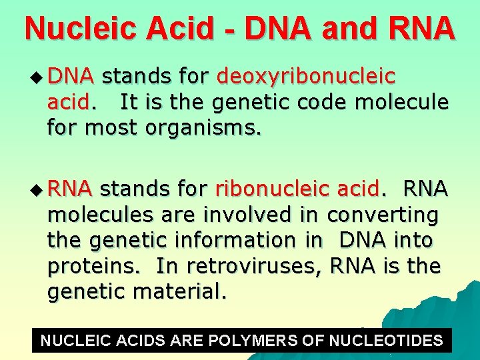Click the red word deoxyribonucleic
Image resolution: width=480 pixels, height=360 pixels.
pos(306,77)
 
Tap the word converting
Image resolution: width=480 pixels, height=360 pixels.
pos(383,215)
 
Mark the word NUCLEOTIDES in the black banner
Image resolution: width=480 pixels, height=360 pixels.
pos(386,341)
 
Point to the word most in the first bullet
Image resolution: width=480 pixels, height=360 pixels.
pos(112,127)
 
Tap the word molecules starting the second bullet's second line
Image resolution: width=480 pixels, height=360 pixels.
pos(95,215)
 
